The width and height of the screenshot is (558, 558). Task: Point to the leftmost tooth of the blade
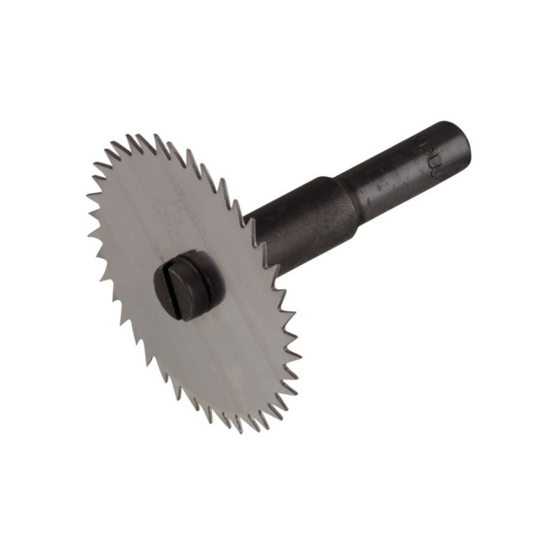[x=87, y=195]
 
